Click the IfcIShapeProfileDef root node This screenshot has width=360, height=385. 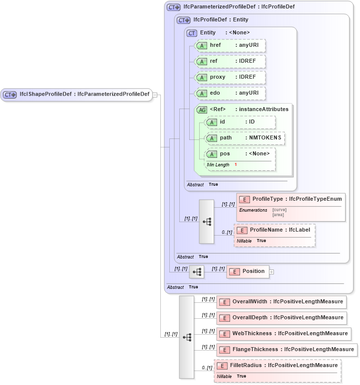pyautogui.click(x=77, y=94)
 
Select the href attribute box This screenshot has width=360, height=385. pyautogui.click(x=230, y=45)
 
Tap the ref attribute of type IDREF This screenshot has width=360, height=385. pyautogui.click(x=230, y=61)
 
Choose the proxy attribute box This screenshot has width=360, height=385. pyautogui.click(x=230, y=77)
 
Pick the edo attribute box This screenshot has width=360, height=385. pyautogui.click(x=230, y=93)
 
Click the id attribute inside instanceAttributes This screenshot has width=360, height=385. pyautogui.click(x=240, y=122)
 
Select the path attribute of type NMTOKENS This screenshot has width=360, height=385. pyautogui.click(x=245, y=138)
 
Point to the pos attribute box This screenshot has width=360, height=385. pyautogui.click(x=240, y=154)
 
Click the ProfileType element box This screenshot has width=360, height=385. pyautogui.click(x=291, y=199)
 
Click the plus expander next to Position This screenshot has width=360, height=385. pyautogui.click(x=272, y=272)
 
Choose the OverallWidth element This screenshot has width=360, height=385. pyautogui.click(x=281, y=302)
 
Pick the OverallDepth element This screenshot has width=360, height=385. pyautogui.click(x=281, y=318)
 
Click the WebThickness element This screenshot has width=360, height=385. pyautogui.click(x=283, y=334)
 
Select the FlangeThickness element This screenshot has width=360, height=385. pyautogui.click(x=287, y=350)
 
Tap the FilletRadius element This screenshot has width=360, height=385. pyautogui.click(x=278, y=366)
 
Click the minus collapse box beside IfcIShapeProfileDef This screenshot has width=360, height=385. pyautogui.click(x=155, y=95)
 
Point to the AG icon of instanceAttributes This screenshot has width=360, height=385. pyautogui.click(x=202, y=110)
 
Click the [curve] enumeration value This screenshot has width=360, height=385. pyautogui.click(x=279, y=210)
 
